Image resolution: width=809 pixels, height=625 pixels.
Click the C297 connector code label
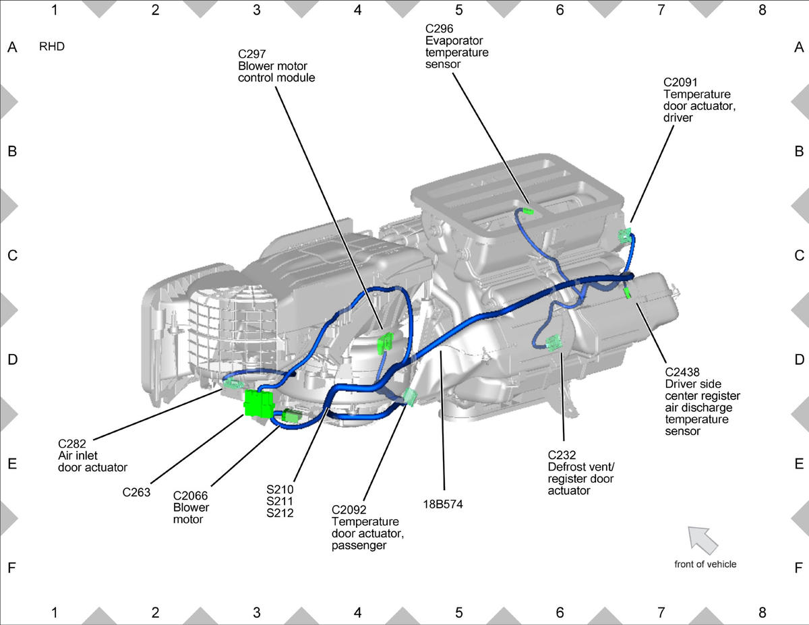[x=251, y=55]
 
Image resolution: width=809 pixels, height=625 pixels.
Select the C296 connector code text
[x=440, y=29]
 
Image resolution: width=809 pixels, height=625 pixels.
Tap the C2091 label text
[x=680, y=82]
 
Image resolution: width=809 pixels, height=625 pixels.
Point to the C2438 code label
[x=682, y=372]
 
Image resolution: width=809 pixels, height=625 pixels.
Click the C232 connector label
[x=562, y=455]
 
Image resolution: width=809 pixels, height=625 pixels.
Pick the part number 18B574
[x=443, y=504]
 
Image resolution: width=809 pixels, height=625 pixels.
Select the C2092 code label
[x=349, y=510]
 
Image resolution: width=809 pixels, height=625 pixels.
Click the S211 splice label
[x=280, y=501]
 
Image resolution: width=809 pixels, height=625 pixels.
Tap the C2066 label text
[x=190, y=496]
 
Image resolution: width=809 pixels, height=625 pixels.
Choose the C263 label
[x=136, y=492]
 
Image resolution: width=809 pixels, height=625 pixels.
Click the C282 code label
[x=72, y=444]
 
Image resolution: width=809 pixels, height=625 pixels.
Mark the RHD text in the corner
[x=52, y=47]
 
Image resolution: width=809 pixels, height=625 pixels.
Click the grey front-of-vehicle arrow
[x=702, y=540]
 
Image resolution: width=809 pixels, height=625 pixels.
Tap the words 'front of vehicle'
[x=705, y=564]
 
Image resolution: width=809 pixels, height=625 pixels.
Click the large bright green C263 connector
[x=259, y=403]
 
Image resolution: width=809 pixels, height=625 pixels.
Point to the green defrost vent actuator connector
[x=553, y=343]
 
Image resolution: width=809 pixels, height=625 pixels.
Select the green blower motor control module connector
[x=386, y=343]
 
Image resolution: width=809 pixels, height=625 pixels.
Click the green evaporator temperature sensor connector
[x=528, y=212]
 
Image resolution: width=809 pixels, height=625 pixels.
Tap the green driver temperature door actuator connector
[x=624, y=235]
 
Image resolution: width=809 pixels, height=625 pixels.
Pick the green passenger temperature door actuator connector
[x=409, y=397]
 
